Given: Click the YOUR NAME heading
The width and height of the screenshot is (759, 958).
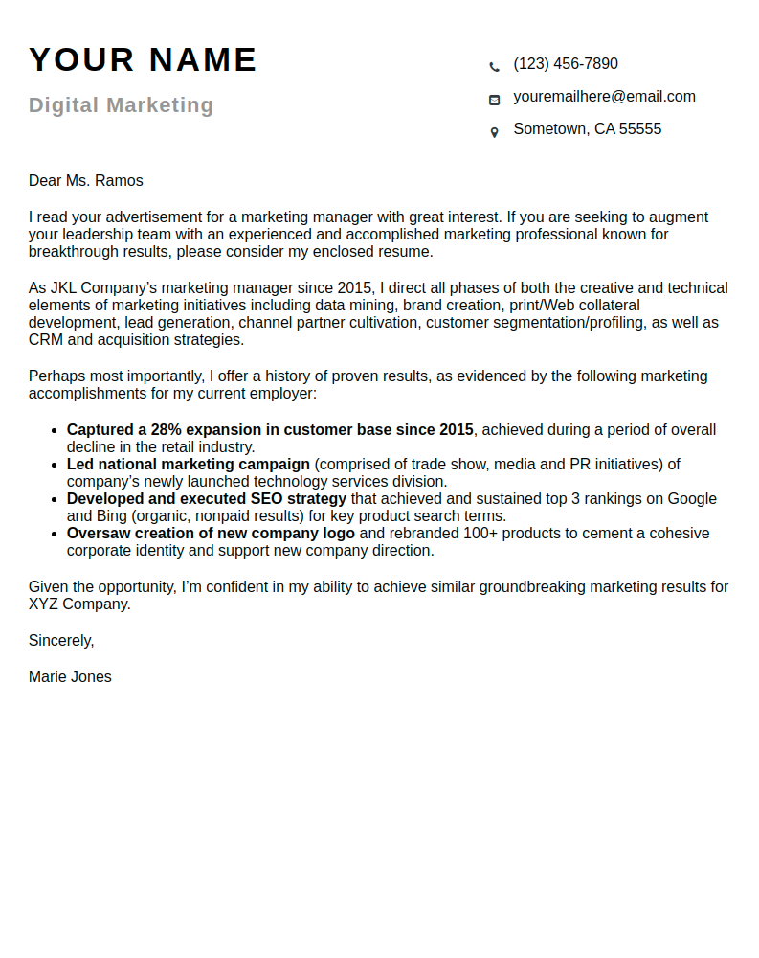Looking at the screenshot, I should coord(143,59).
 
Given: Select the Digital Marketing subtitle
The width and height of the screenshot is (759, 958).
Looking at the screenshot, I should coord(121,105).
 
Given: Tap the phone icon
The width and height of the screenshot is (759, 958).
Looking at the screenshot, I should coord(494,66).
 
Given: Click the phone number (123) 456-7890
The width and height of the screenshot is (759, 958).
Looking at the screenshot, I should coord(566,64).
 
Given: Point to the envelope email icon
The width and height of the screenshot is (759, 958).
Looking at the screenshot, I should coord(494,100).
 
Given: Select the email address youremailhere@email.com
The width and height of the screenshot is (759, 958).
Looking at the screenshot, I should coord(604,97).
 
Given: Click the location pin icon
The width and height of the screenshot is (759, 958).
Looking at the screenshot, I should coord(494,132).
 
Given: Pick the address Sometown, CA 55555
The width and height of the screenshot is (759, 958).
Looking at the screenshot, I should coord(587,129).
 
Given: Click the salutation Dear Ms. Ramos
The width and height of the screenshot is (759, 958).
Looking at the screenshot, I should coord(86,181).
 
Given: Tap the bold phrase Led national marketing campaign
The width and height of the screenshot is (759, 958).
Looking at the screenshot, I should coord(189,465).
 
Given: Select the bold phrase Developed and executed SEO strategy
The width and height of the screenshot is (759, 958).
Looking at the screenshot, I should coord(207,499).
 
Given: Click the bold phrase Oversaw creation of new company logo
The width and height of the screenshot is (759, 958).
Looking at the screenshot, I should coord(211,534).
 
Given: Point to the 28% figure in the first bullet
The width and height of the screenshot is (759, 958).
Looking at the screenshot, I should coord(167,430).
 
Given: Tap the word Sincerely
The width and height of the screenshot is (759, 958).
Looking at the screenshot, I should coord(61,641).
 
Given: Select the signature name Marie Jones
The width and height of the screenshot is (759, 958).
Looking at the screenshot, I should coord(70,677).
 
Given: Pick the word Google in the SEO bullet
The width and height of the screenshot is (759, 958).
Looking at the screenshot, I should coord(692,499).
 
